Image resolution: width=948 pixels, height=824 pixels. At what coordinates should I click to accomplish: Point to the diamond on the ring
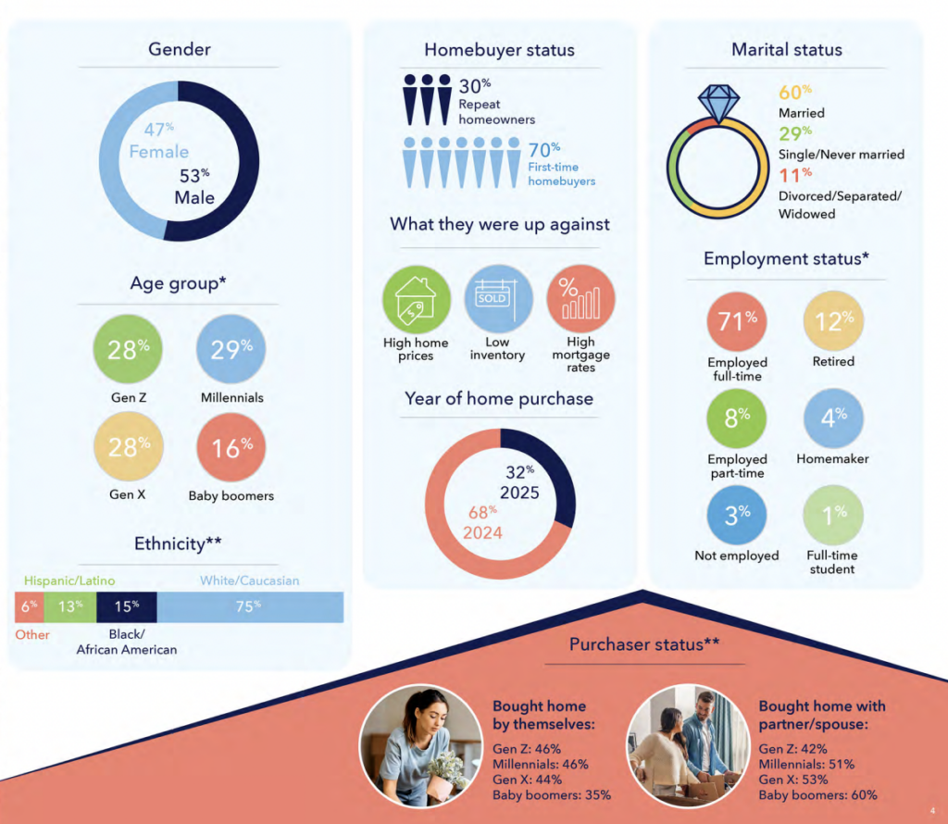point(717,102)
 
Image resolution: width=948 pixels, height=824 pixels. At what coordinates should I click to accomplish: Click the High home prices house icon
point(416,298)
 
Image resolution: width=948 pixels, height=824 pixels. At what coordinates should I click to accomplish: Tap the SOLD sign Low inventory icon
point(497,298)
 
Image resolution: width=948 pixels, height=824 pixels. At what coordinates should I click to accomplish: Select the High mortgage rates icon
point(580,298)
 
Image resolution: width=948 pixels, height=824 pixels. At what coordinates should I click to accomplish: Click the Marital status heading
point(787,49)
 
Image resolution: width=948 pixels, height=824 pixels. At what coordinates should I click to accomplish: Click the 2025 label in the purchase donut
point(519,492)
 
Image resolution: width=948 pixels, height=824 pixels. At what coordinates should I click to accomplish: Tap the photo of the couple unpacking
point(687,745)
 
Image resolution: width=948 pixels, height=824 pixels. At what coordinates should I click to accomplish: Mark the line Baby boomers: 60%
point(817,794)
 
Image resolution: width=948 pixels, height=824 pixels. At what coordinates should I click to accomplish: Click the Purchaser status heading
point(644,644)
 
